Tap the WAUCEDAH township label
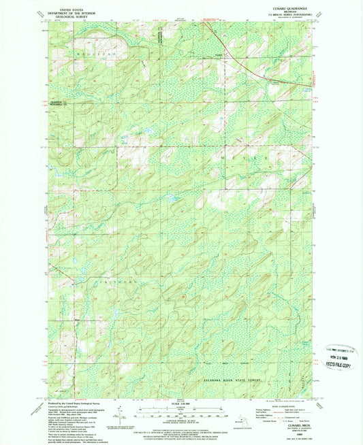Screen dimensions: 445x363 (x=94, y=51)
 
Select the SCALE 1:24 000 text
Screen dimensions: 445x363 (x=179, y=404)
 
